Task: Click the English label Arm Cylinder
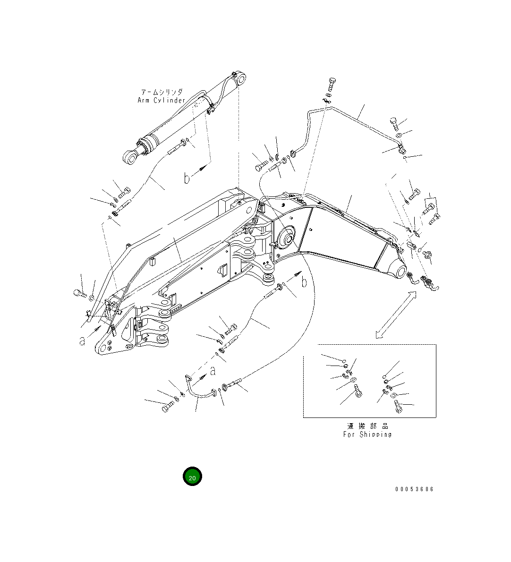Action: [161, 100]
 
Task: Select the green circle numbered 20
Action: [192, 477]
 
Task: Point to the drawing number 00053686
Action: [414, 489]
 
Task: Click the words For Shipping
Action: [367, 434]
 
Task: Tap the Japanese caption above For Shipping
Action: [367, 426]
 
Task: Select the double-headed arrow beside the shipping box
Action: [396, 315]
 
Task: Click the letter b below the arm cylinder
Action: [187, 178]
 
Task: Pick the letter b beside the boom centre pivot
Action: [304, 282]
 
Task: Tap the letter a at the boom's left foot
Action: [82, 340]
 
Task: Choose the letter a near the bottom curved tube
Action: [213, 370]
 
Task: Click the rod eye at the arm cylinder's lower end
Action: [128, 158]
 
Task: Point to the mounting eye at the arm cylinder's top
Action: [242, 79]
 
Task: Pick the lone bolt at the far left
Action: [79, 293]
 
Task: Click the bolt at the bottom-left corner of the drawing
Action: [167, 407]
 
